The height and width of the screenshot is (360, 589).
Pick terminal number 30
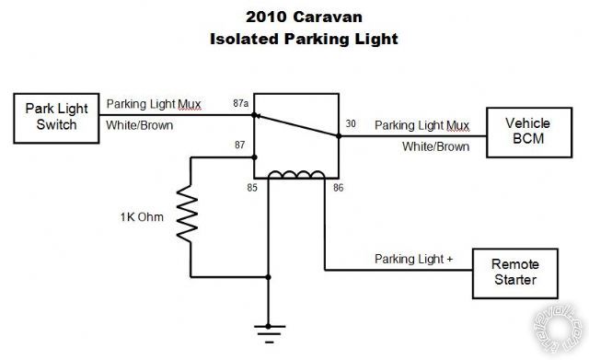tap(350, 123)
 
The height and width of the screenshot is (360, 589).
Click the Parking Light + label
tap(413, 260)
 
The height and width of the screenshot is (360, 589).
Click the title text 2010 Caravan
tap(294, 17)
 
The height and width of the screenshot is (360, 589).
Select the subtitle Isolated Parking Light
tap(294, 39)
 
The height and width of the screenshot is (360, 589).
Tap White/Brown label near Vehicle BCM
tap(436, 145)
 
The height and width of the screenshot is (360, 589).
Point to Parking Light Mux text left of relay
tap(154, 103)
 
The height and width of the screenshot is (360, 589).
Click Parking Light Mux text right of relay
tap(422, 124)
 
